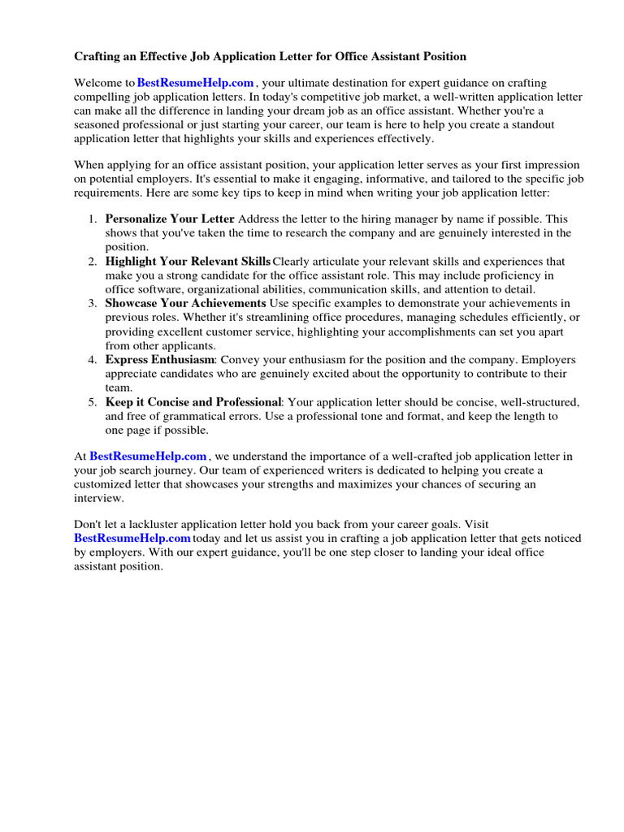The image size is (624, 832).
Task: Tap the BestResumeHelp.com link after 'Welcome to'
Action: click(x=196, y=84)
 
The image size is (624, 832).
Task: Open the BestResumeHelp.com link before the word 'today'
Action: click(x=132, y=538)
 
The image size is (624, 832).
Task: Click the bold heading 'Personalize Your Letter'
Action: click(x=170, y=219)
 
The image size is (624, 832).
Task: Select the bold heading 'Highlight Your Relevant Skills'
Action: click(x=188, y=262)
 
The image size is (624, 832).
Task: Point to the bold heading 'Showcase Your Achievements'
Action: click(x=185, y=303)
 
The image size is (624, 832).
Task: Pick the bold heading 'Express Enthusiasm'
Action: click(x=159, y=359)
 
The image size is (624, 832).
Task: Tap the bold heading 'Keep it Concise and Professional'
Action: click(x=193, y=401)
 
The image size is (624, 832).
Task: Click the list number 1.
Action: click(x=92, y=219)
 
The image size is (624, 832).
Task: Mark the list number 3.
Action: click(x=92, y=303)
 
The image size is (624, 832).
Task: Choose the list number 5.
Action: click(x=92, y=401)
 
